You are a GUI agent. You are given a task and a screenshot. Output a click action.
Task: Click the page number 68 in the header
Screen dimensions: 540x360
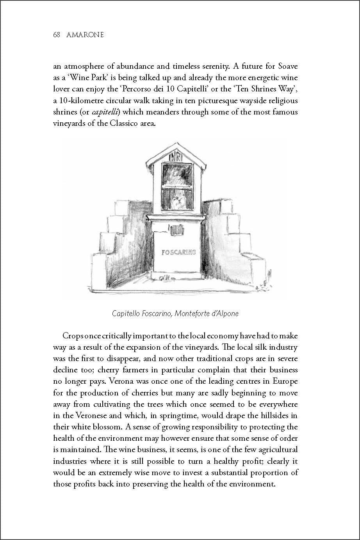click(x=56, y=35)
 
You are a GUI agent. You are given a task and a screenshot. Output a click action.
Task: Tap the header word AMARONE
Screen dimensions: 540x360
click(x=85, y=35)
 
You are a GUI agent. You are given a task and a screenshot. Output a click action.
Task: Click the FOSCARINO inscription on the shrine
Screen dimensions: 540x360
click(x=178, y=252)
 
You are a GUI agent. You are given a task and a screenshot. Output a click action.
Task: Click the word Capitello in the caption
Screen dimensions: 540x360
click(x=127, y=313)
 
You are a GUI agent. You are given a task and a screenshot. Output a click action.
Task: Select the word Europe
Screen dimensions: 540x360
click(x=285, y=381)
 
